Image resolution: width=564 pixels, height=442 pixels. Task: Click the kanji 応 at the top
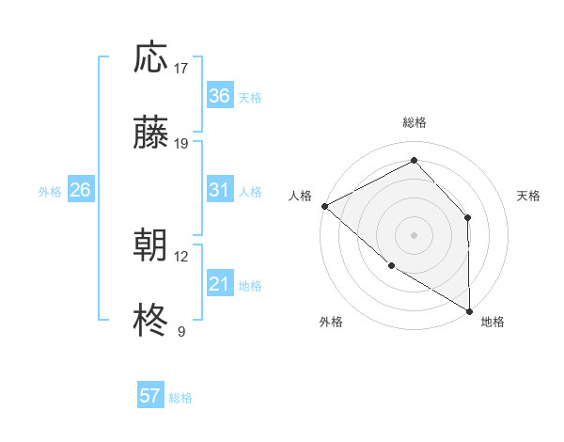tap(150, 58)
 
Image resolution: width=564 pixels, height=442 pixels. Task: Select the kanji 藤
tap(150, 134)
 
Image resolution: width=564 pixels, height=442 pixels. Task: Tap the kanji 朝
tap(150, 245)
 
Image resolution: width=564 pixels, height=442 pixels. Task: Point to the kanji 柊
tap(150, 321)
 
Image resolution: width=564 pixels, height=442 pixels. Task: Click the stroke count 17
tap(181, 69)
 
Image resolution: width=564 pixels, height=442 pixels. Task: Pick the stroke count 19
tap(181, 144)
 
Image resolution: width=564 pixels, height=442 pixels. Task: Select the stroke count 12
tap(181, 256)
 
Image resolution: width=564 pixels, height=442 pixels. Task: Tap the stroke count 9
tap(181, 331)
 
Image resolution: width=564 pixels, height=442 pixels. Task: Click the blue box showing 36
tap(219, 96)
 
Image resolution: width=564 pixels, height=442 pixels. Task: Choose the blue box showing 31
tap(219, 190)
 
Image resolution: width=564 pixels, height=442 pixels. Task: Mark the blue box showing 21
tap(219, 284)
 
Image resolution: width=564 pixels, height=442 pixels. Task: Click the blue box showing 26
tap(80, 190)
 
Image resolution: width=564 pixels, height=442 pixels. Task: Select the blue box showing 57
tap(149, 396)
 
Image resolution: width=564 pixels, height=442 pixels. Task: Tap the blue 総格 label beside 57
tap(180, 398)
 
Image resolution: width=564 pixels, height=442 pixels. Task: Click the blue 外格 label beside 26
tap(50, 192)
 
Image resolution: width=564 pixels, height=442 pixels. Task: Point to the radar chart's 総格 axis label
tap(414, 123)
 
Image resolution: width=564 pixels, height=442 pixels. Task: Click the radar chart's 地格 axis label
tap(493, 322)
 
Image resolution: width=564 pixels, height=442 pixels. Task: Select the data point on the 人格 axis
tap(324, 206)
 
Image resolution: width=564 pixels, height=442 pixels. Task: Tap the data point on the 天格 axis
tap(468, 218)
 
